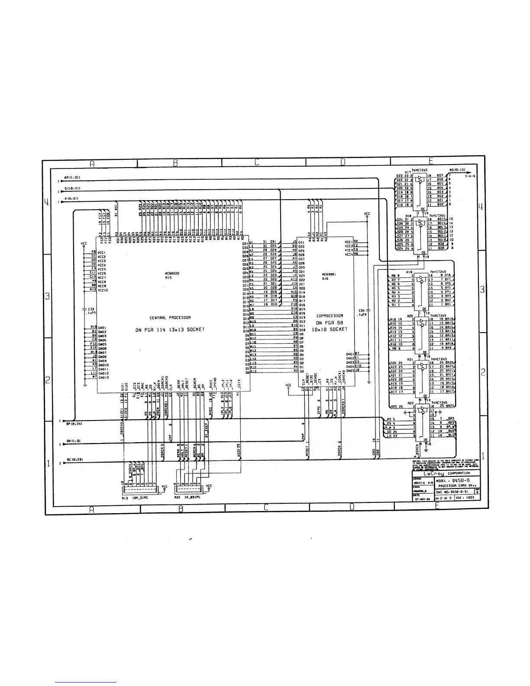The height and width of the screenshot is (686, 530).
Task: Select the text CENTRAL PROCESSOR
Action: (168, 317)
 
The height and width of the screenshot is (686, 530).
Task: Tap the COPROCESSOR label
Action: (330, 316)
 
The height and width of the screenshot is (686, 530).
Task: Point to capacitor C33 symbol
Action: (84, 309)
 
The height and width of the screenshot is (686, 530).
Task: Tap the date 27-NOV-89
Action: (421, 499)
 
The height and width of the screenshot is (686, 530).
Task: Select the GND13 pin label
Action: (103, 377)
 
